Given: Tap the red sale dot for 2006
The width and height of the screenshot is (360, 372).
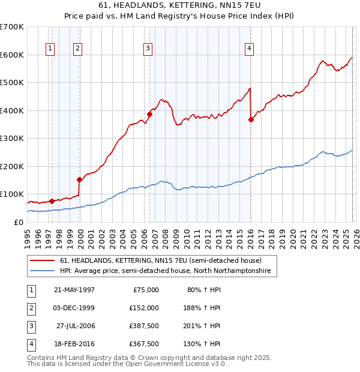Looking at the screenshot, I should tap(149, 114).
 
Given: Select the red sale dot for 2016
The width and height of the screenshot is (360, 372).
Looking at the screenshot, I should tap(251, 119).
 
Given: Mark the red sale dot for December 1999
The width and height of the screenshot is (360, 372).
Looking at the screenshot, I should tap(79, 179).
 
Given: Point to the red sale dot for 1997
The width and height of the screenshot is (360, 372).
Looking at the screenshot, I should tap(52, 201).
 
